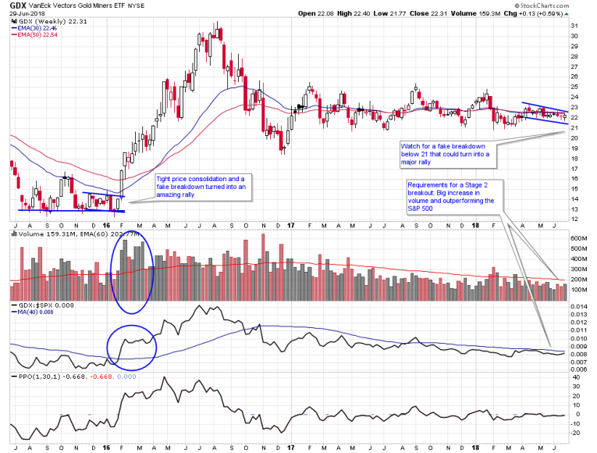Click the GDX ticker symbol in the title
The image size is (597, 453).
[x=18, y=5]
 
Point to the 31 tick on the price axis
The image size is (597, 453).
[x=574, y=27]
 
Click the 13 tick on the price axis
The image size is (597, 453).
[x=574, y=209]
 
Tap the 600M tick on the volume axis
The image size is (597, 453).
[x=579, y=238]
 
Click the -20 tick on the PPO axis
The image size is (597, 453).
[x=576, y=433]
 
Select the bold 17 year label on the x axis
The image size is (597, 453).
[x=286, y=448]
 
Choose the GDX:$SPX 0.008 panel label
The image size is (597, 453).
[x=39, y=305]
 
